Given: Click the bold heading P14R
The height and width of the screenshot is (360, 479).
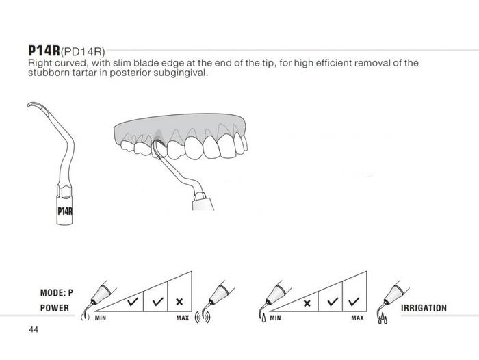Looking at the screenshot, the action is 44,51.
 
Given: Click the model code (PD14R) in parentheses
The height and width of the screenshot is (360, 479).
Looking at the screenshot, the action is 83,52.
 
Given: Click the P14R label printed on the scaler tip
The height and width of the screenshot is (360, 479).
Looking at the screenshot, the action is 65,211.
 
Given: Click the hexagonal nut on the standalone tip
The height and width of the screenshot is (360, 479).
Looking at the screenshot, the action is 64,191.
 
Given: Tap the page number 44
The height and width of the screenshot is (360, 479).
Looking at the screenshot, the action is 34,329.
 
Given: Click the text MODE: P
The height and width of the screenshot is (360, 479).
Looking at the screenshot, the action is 57,293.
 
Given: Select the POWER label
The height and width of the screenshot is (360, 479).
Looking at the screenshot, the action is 55,308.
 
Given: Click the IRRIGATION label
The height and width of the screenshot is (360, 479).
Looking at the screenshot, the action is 424,308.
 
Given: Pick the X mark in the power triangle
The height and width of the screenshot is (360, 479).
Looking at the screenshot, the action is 179,302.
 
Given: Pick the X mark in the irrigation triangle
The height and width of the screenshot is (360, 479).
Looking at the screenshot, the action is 307,303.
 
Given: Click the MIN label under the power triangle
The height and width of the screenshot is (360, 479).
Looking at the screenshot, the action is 101,318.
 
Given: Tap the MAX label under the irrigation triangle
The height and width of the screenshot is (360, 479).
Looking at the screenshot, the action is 357,318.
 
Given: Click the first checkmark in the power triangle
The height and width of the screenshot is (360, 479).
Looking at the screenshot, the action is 133,302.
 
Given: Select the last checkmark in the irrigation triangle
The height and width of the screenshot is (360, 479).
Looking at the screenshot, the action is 354,302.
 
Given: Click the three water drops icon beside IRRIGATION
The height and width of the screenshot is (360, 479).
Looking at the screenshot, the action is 383,319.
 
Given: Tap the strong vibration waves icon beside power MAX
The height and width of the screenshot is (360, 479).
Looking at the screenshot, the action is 203,317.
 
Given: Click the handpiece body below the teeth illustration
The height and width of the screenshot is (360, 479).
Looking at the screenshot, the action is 203,204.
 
